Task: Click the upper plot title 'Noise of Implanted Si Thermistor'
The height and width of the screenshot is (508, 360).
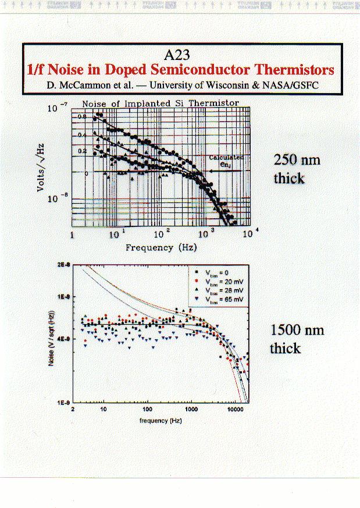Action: click(160, 104)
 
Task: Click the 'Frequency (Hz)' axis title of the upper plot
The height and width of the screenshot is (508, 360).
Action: click(161, 247)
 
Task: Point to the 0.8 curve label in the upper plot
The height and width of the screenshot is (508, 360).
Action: click(82, 117)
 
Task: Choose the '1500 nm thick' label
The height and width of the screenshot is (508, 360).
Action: click(297, 339)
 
